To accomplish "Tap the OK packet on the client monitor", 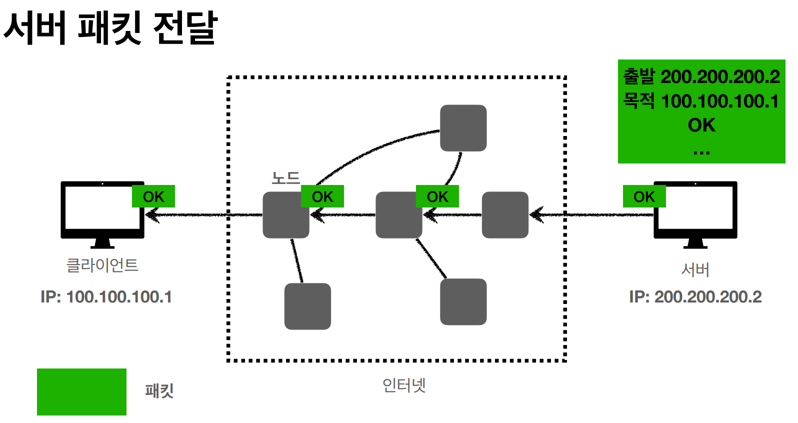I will (x=153, y=196).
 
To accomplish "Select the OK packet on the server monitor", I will (x=644, y=196).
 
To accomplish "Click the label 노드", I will (x=285, y=178).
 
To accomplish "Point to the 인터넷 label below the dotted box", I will (x=404, y=385).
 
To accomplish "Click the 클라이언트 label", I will (x=102, y=265).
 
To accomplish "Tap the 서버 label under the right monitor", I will (x=695, y=270).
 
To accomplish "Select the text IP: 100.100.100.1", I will (x=106, y=297).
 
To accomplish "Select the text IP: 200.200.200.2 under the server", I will (x=695, y=297).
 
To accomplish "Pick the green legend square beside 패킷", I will (x=81, y=391).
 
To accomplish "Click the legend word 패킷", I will (x=159, y=390).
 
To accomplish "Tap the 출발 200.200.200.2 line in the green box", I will (x=701, y=77).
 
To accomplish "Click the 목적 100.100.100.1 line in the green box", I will (x=701, y=101).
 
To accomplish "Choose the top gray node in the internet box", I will (x=463, y=128).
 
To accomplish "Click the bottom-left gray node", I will (x=307, y=306).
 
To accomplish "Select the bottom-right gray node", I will (x=463, y=301).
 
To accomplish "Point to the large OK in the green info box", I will (x=701, y=125).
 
